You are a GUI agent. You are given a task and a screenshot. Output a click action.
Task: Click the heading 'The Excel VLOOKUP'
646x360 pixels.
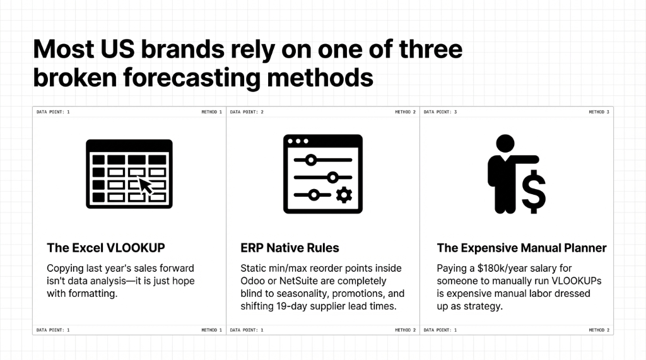[x=106, y=248]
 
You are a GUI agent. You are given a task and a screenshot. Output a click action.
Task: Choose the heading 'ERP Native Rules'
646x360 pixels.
[x=290, y=248]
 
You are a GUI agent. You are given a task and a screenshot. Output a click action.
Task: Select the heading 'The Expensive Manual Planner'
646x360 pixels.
[x=522, y=248]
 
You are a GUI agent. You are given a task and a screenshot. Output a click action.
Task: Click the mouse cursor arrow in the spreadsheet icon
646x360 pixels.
[x=146, y=185]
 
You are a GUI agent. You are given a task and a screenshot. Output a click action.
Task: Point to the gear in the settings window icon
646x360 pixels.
[x=344, y=195]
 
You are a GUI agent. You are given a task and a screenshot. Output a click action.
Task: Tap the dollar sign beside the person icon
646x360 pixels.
[x=533, y=192]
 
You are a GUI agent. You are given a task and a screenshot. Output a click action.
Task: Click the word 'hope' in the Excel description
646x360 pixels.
[x=179, y=281]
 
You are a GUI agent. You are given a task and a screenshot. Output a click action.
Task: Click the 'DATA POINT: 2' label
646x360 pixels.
[x=247, y=112]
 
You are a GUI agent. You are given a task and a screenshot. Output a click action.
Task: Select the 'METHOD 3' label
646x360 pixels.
[x=599, y=112]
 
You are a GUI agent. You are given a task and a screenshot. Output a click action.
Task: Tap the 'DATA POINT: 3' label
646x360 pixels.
[x=440, y=112]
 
